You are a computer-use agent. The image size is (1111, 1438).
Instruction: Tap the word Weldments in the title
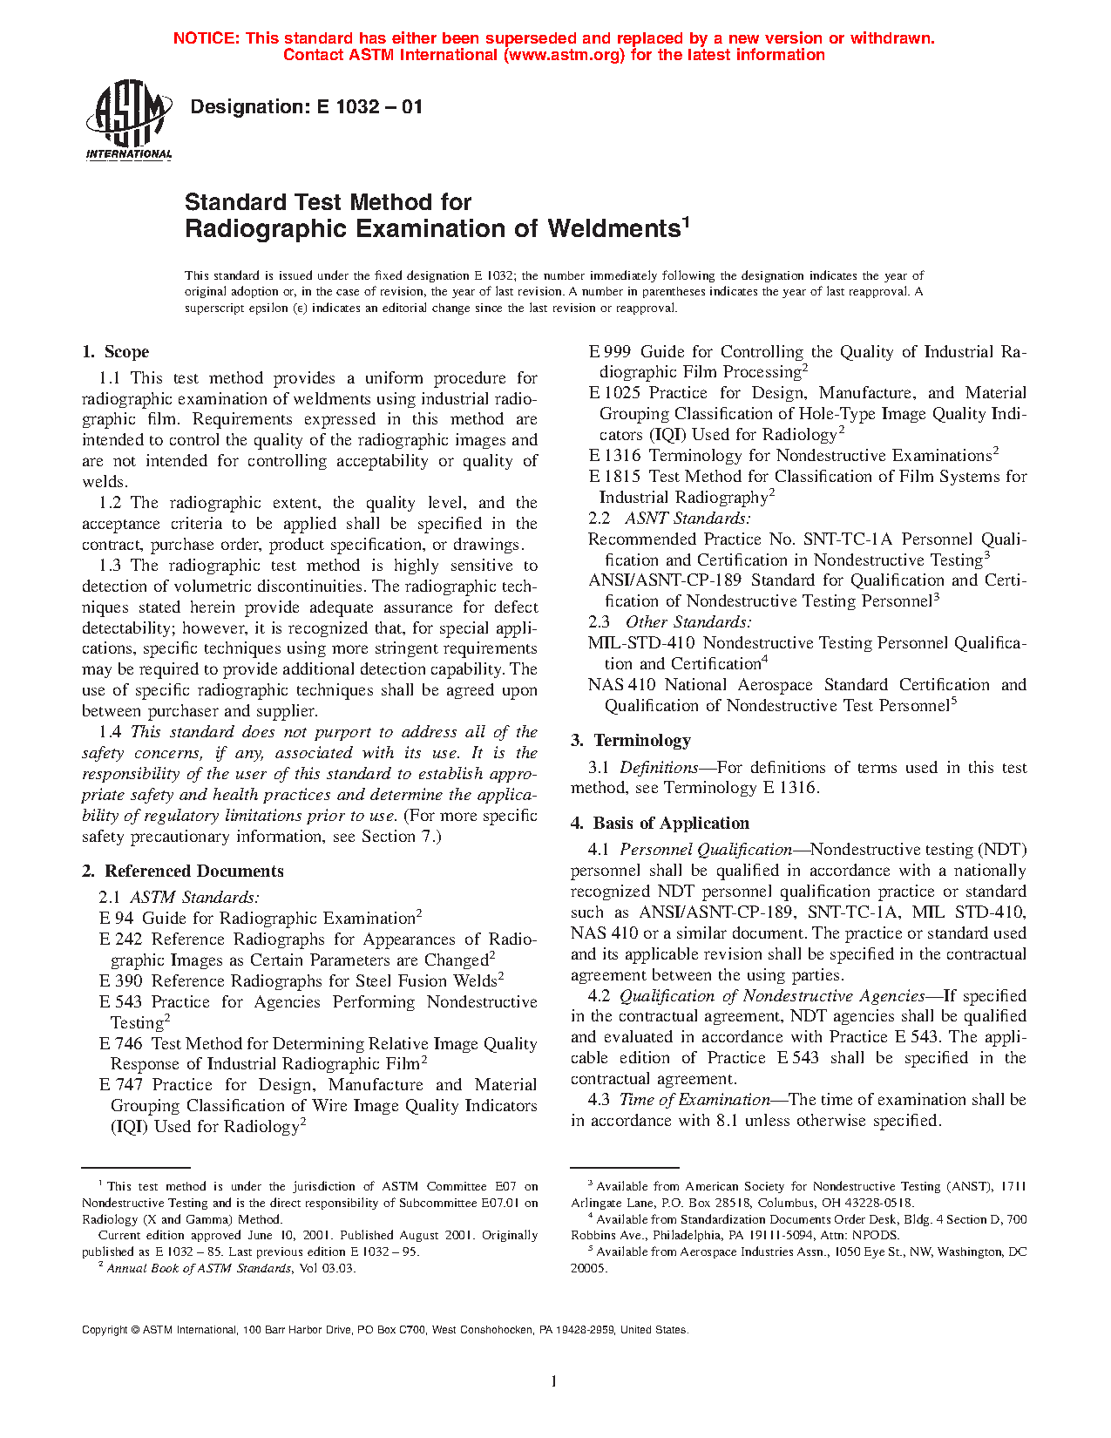(x=613, y=229)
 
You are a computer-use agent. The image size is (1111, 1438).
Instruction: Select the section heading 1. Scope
(x=116, y=352)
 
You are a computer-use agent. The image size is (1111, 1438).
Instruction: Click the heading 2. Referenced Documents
(x=183, y=872)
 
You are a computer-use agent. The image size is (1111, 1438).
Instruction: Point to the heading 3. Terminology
(x=631, y=741)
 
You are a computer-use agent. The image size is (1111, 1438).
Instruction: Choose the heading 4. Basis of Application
(x=660, y=824)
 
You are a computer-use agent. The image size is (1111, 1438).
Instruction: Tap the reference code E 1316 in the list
(x=614, y=456)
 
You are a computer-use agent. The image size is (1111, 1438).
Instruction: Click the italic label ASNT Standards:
(x=688, y=519)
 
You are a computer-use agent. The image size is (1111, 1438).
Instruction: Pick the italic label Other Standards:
(x=688, y=622)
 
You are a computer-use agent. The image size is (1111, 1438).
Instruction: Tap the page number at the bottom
(x=554, y=1380)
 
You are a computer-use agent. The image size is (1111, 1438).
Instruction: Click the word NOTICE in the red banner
(x=206, y=38)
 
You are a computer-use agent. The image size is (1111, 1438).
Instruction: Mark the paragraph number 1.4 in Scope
(x=111, y=732)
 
